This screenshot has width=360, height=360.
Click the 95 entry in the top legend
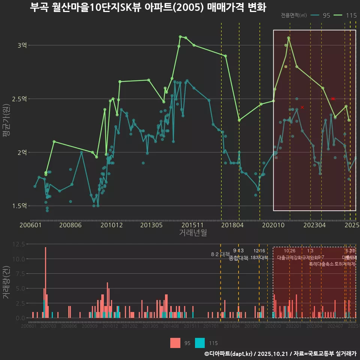(x=326, y=15)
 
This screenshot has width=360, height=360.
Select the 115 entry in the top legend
(x=351, y=15)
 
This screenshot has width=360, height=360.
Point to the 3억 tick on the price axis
(x=22, y=45)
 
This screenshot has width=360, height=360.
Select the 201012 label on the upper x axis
(x=111, y=225)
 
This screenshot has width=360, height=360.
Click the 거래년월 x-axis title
(x=193, y=233)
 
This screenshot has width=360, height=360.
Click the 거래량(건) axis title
(x=6, y=282)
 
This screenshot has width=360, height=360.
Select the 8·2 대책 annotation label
(x=220, y=254)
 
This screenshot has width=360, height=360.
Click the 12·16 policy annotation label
(x=259, y=251)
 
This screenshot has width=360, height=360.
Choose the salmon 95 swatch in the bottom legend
(x=175, y=343)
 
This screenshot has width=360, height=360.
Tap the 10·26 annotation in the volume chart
(x=289, y=251)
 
